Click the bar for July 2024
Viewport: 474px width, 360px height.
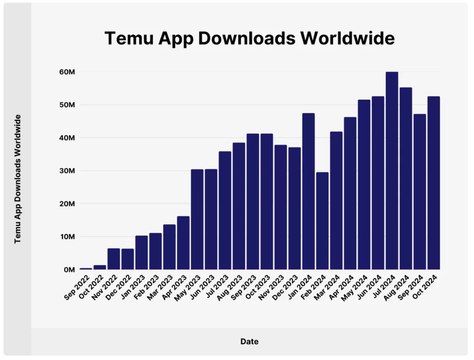coord(392,170)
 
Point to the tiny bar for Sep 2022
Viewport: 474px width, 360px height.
coord(86,268)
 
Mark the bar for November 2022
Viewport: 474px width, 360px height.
coord(114,259)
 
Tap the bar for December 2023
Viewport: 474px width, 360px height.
coord(294,208)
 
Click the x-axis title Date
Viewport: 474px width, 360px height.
coord(249,341)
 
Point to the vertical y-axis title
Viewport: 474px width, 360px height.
coord(18,179)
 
